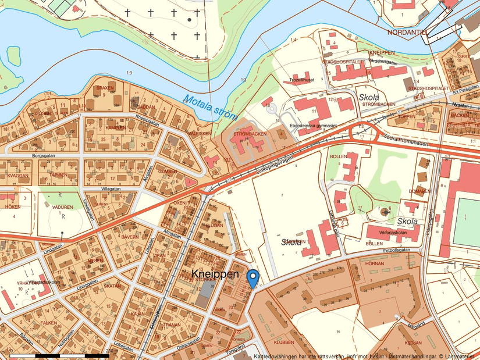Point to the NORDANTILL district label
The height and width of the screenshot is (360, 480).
407,32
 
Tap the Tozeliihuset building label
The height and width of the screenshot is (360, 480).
301,80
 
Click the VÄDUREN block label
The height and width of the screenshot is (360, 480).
62,206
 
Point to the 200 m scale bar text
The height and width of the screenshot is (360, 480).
110,351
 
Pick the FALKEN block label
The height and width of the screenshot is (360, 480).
48,323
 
